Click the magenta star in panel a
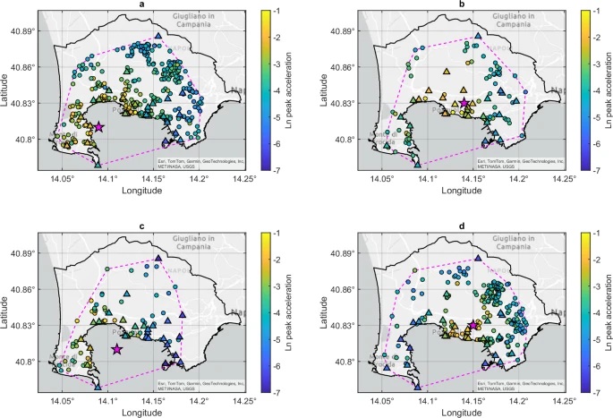coord(98,127)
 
